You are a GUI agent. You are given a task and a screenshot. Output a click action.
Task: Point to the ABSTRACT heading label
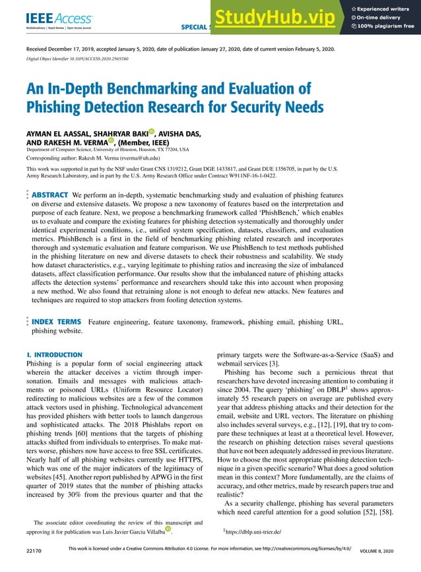50,195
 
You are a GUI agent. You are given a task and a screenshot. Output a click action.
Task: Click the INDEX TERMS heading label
56,322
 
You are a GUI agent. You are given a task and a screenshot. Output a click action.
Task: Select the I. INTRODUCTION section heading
54,355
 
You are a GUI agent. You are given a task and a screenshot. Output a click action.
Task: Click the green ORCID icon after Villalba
168,529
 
